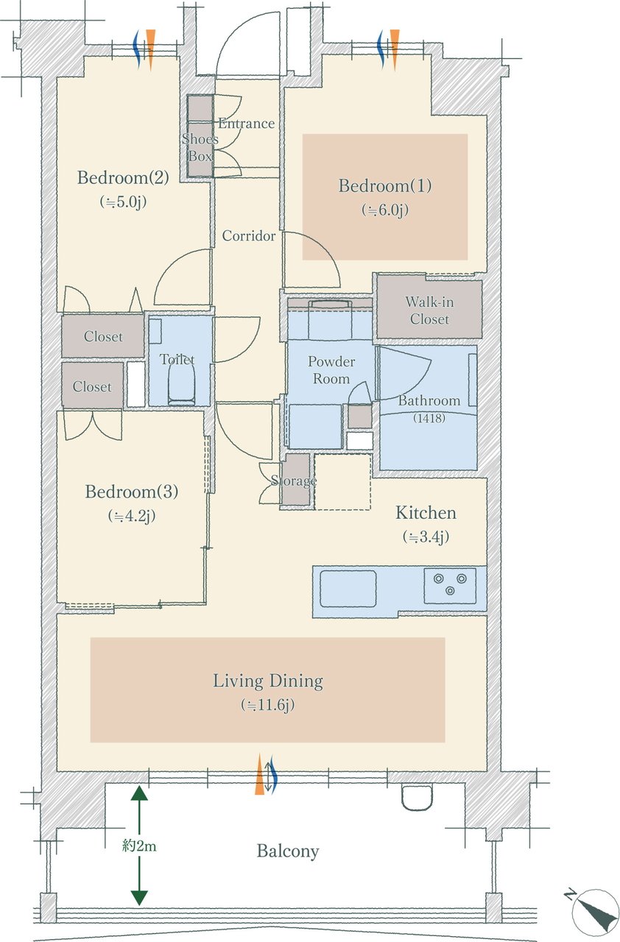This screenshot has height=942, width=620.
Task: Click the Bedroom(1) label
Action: coord(385,185)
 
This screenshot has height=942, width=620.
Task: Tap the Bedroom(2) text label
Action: coord(123,177)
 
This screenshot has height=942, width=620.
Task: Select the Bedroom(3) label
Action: coord(132,492)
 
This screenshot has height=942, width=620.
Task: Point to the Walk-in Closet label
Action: coord(429,311)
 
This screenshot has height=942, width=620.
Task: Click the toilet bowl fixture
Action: coord(182,384)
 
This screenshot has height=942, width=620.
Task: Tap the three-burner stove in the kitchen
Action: coord(450,585)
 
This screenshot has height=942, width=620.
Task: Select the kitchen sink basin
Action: coord(348,588)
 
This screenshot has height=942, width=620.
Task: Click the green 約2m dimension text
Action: coord(139,846)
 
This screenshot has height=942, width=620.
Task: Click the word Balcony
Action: coord(288,851)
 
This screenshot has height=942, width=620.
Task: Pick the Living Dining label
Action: coord(268,681)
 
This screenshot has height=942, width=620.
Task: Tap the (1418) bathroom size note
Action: coord(429,418)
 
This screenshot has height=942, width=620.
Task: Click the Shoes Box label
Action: coord(200,148)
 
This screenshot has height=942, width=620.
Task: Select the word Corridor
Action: coord(249,236)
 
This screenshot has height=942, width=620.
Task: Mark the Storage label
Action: coord(294,481)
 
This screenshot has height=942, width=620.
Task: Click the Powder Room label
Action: coord(331,370)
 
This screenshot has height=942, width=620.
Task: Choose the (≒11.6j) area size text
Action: coord(267,705)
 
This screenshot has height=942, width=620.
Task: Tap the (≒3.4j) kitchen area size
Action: coord(426,537)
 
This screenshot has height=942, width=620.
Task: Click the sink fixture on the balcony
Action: coord(417,797)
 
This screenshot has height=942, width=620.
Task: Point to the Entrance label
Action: coord(247,124)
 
